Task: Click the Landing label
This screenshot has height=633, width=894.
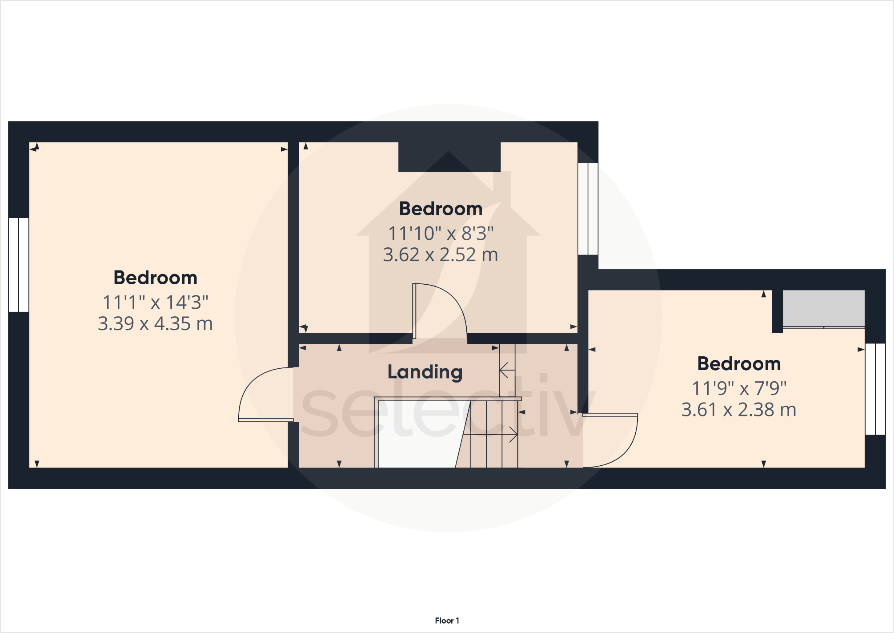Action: [425, 372]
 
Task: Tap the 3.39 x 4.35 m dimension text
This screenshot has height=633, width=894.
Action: [155, 323]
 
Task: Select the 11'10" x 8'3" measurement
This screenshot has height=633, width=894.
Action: [441, 233]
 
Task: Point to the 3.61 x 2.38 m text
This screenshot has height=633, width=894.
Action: [738, 410]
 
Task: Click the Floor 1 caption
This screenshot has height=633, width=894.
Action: [447, 621]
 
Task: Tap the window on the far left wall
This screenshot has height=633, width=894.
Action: [19, 265]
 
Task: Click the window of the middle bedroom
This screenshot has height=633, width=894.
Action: [588, 209]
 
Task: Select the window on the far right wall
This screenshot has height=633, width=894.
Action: [875, 389]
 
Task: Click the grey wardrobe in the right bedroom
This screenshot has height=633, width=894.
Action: [823, 308]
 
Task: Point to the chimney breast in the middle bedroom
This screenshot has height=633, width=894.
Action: [449, 157]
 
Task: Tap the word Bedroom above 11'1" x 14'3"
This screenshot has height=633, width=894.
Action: [155, 278]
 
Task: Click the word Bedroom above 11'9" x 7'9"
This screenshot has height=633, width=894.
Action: [738, 364]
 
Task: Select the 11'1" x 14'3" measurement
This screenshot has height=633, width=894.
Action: [155, 302]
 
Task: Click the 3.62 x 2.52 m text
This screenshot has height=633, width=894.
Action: [441, 255]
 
